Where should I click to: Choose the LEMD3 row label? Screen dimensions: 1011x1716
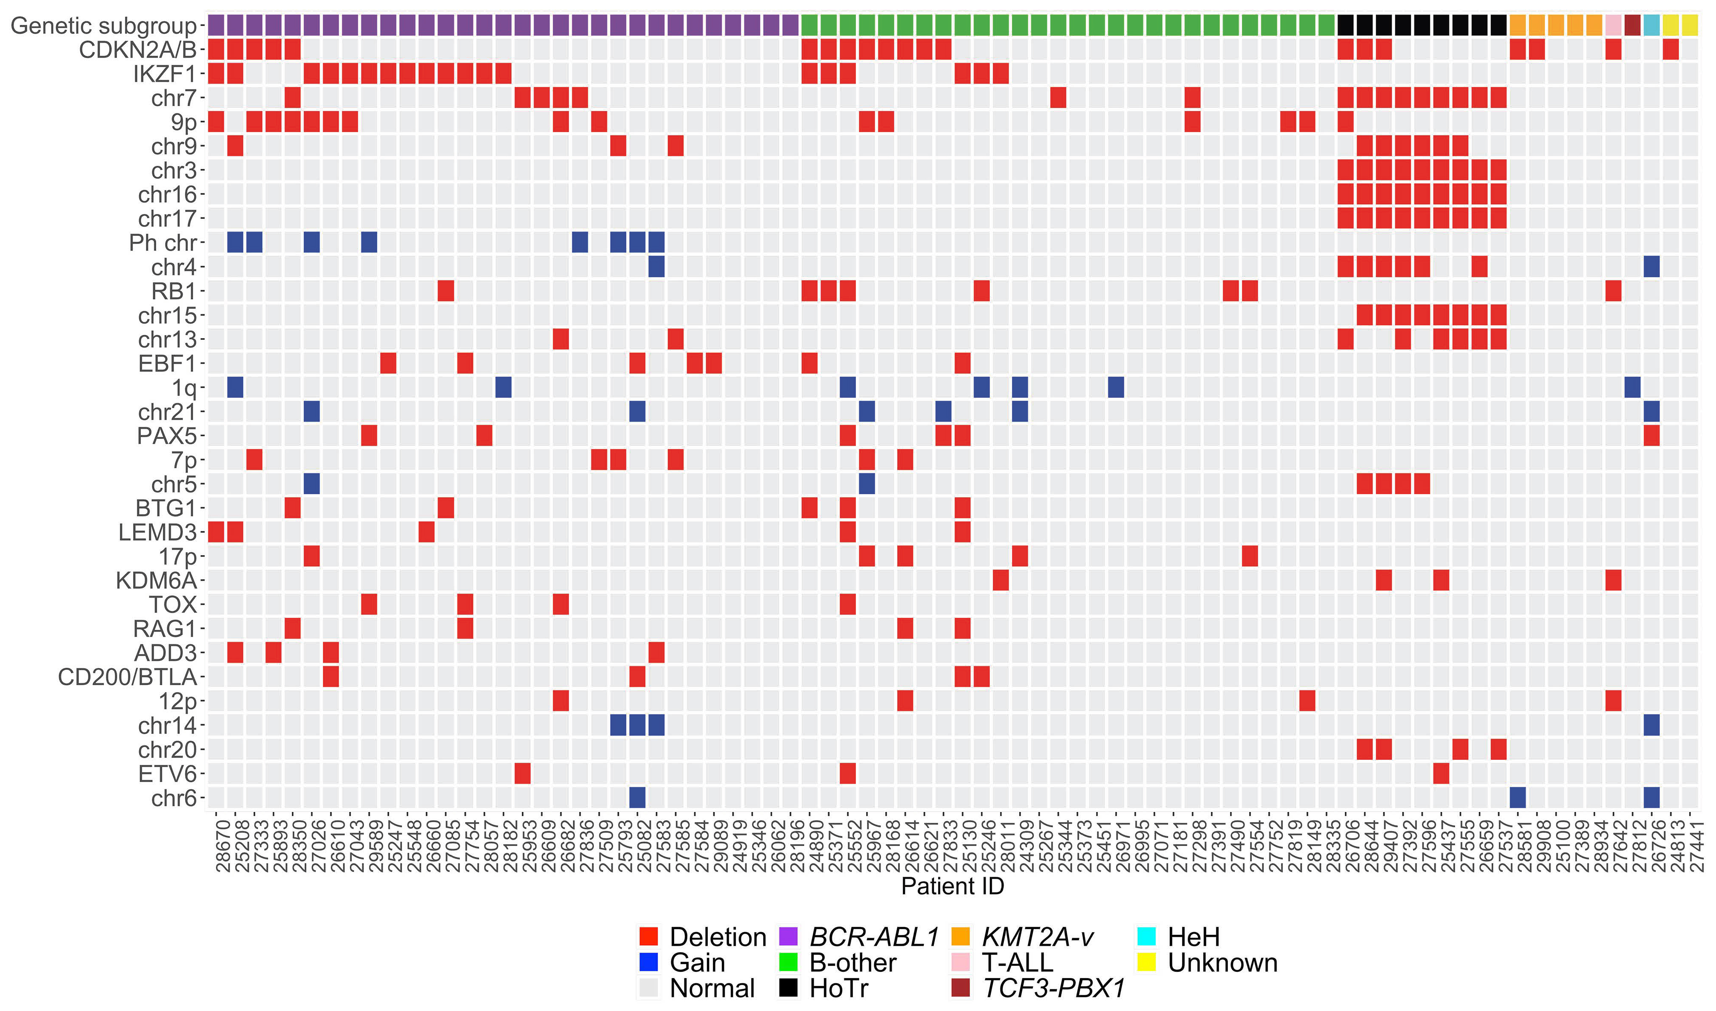(157, 532)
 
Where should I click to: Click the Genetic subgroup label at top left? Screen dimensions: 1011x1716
(104, 26)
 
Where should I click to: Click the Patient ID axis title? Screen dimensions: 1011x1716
(952, 886)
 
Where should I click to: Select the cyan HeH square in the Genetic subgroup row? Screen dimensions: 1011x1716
(1651, 26)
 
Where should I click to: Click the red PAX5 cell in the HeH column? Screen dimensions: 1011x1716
(1651, 435)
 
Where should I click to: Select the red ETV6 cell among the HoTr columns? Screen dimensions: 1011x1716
(1441, 773)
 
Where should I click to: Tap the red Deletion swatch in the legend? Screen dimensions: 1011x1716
(648, 937)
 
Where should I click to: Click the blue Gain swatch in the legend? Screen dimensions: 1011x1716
(648, 962)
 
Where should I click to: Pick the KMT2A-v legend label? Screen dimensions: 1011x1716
(1037, 937)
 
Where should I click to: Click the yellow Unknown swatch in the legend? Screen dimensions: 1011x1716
(1146, 962)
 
